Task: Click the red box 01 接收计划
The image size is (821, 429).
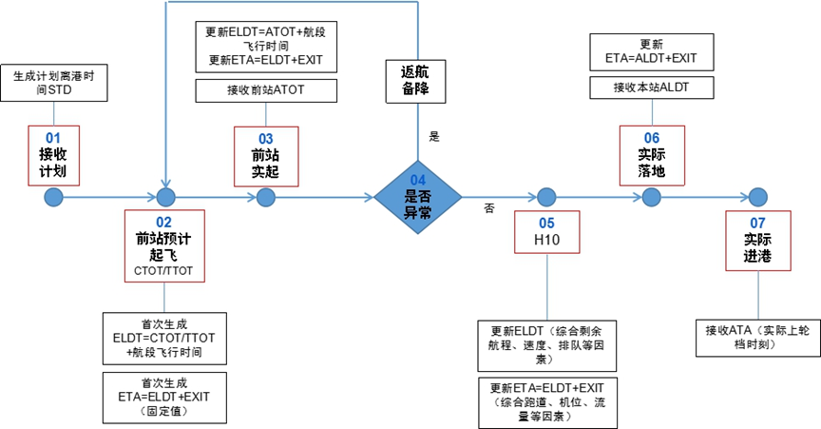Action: tap(53, 154)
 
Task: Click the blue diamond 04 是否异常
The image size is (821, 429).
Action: tap(418, 198)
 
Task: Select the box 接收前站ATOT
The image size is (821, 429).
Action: tap(265, 90)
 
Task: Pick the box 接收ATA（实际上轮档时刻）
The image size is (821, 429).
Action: tap(756, 337)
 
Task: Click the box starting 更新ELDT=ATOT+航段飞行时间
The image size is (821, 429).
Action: tap(265, 46)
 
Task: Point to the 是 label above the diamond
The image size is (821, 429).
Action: tap(434, 137)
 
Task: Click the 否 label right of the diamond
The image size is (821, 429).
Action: tap(489, 207)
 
